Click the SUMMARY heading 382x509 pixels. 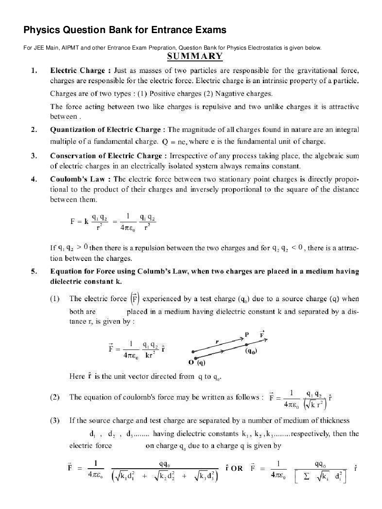point(195,56)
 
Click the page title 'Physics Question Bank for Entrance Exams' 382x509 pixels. point(125,30)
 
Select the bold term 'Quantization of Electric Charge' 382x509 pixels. point(106,130)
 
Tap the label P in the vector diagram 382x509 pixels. point(247,335)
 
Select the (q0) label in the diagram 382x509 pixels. point(251,351)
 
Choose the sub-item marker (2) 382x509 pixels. point(54,397)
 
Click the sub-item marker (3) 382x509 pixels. point(54,420)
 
